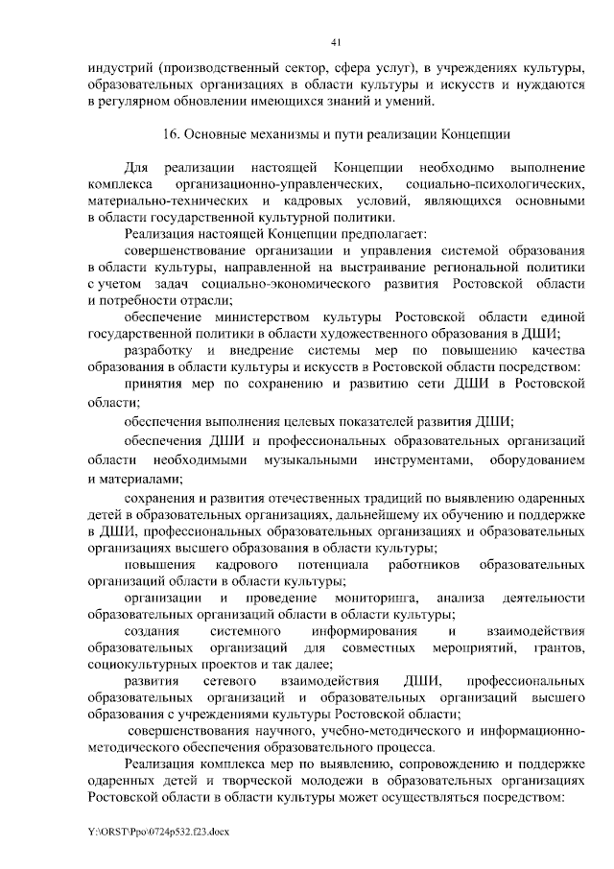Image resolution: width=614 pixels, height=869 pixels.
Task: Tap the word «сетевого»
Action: [x=227, y=682]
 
